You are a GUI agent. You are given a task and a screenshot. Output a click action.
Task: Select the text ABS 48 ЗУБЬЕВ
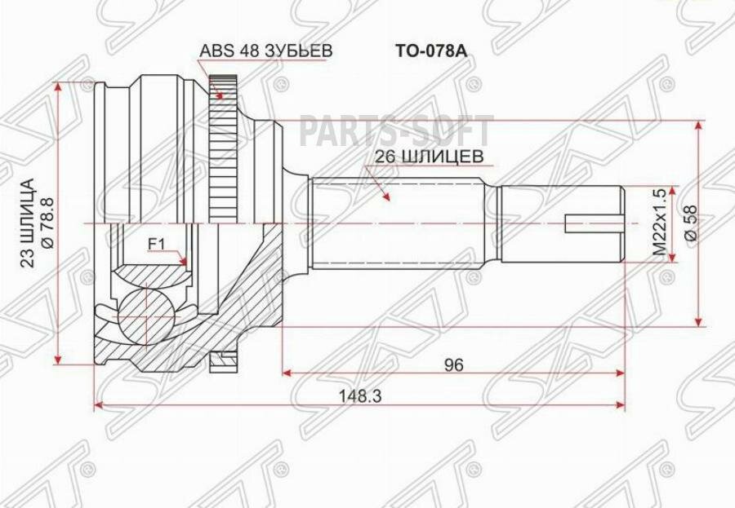pos(266,51)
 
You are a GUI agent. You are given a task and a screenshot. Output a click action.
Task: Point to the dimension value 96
pos(455,366)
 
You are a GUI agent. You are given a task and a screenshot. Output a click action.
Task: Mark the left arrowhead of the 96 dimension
pos(287,374)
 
